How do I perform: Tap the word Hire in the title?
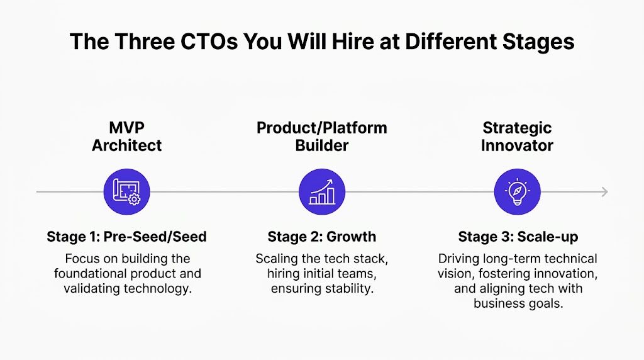click(x=326, y=42)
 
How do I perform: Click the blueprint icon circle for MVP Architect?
click(x=126, y=191)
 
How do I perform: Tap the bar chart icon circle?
click(x=321, y=191)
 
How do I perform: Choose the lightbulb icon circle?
click(x=518, y=191)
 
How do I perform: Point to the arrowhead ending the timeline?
click(x=604, y=191)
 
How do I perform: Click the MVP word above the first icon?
click(x=126, y=128)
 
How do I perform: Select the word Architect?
click(x=126, y=145)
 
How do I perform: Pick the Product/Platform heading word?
click(x=321, y=128)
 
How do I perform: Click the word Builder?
click(x=321, y=145)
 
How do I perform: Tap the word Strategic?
click(x=518, y=128)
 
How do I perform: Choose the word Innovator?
click(x=518, y=145)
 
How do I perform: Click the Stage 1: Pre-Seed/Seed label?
click(x=126, y=237)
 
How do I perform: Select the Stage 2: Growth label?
click(x=321, y=237)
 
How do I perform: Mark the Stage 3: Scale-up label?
click(x=518, y=237)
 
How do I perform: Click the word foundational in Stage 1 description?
click(x=90, y=274)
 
